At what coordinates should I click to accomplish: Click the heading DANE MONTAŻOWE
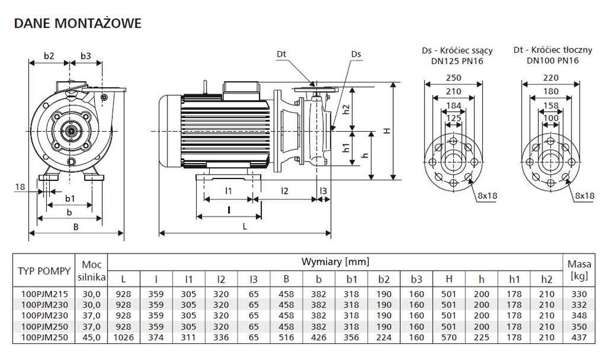(x=77, y=24)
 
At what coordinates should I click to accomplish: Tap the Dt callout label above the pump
(x=281, y=55)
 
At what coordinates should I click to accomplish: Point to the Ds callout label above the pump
(x=356, y=55)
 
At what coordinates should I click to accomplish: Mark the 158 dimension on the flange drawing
(x=550, y=105)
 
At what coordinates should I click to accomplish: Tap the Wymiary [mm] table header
(x=335, y=262)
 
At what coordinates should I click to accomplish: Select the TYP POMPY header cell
(x=44, y=270)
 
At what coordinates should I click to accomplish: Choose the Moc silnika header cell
(x=91, y=270)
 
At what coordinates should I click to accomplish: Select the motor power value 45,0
(x=91, y=338)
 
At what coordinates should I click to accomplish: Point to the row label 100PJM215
(x=42, y=294)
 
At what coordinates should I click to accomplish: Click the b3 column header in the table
(x=416, y=279)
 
